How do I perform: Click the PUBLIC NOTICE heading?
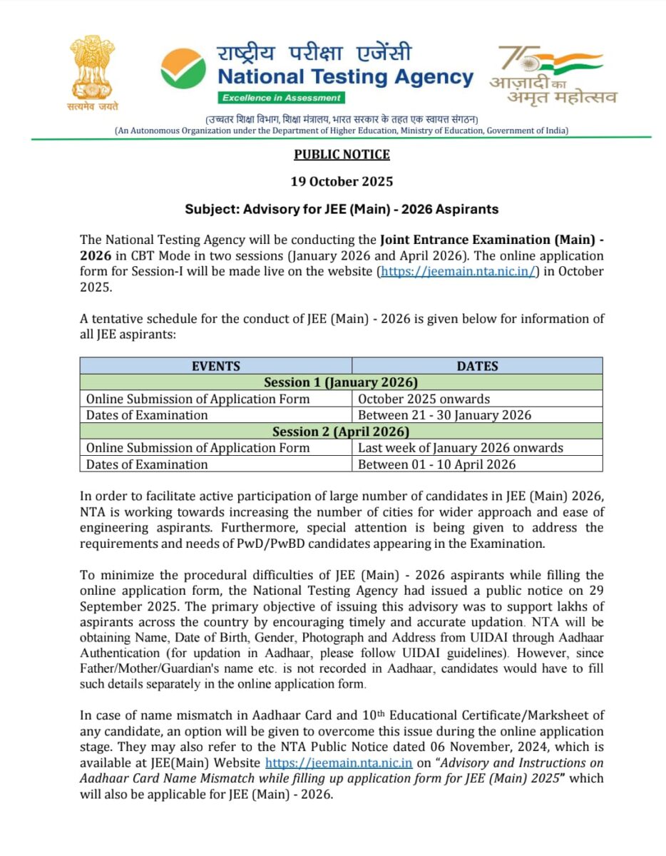click(342, 154)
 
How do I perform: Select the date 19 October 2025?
click(342, 181)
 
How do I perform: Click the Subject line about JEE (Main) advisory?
click(342, 209)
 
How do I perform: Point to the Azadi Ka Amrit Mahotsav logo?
click(552, 75)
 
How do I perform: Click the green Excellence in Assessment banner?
click(281, 98)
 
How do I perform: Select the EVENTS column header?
click(215, 366)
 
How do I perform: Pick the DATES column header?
click(477, 366)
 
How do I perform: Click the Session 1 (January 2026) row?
click(341, 382)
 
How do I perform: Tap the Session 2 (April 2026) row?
click(341, 432)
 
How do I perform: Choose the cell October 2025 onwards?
click(424, 399)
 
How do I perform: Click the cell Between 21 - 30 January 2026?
click(444, 415)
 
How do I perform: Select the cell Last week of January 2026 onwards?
click(460, 448)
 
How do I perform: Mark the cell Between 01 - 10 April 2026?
click(436, 464)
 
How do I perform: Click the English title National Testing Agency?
click(345, 77)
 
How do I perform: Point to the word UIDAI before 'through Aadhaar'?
click(439, 636)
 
